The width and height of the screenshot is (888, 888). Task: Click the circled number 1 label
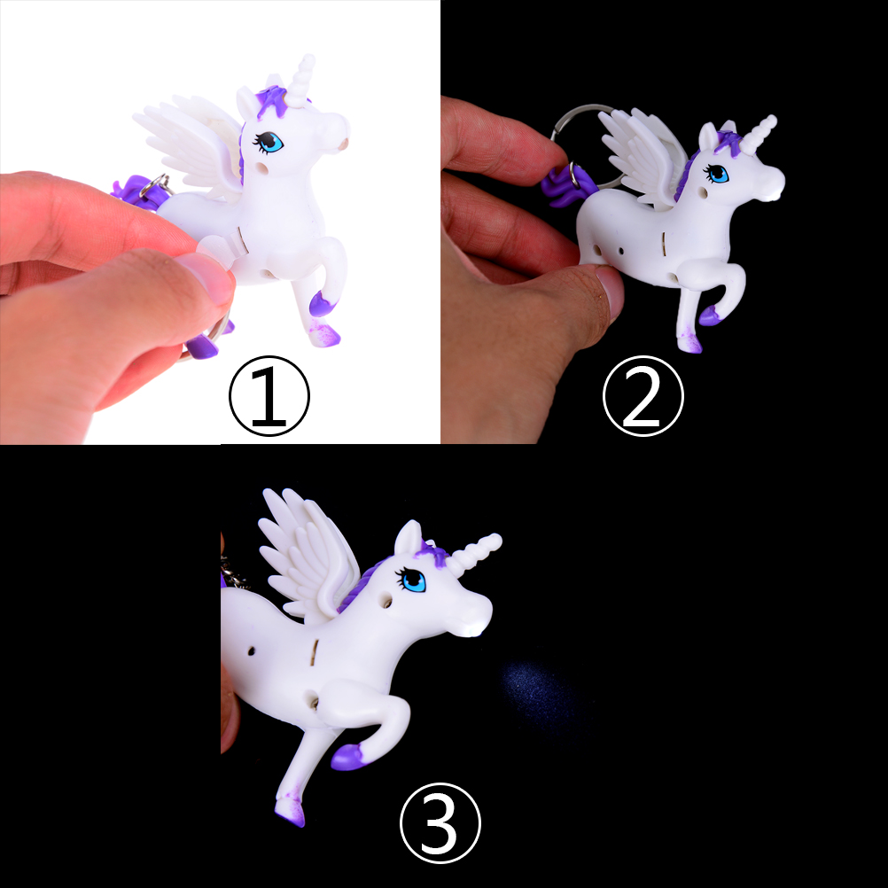click(269, 396)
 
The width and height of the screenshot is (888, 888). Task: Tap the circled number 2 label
click(643, 396)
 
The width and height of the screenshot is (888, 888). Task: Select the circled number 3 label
click(440, 823)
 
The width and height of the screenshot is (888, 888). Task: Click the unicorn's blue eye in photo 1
click(270, 142)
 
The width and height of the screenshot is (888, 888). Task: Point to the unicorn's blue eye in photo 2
click(718, 174)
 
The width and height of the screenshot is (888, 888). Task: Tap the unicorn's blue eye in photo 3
click(413, 580)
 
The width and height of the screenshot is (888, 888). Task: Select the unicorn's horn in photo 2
click(758, 135)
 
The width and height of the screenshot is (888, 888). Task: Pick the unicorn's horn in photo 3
click(475, 552)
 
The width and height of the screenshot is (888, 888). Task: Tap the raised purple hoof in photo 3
click(347, 757)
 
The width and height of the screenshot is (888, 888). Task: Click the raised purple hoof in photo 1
click(321, 304)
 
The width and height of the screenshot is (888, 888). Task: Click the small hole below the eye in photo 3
click(388, 599)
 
